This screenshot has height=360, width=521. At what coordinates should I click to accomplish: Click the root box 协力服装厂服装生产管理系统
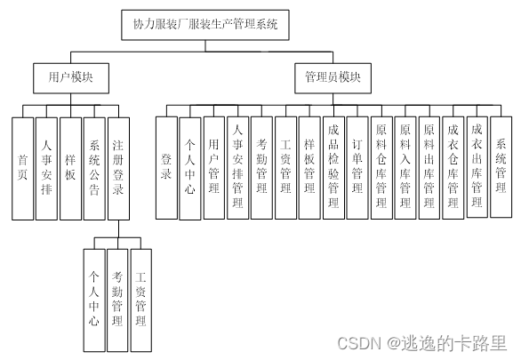tap(205, 25)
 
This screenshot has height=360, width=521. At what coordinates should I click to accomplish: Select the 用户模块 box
tap(71, 78)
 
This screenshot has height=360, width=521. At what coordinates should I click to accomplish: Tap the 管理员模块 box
tap(328, 78)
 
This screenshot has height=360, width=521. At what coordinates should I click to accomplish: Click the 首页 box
tap(23, 167)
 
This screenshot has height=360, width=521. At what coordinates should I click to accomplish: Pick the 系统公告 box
tap(95, 167)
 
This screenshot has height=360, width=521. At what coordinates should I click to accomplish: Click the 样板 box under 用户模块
tap(71, 167)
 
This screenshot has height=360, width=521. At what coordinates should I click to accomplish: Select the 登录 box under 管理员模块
tap(166, 167)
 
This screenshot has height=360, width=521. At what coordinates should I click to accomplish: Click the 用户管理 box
tap(214, 167)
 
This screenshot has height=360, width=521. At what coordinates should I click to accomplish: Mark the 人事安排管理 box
tap(238, 167)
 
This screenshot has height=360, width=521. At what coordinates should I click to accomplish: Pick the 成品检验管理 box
tap(333, 167)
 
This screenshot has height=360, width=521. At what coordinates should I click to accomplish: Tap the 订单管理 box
tap(357, 167)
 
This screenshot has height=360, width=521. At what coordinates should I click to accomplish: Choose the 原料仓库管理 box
tap(381, 167)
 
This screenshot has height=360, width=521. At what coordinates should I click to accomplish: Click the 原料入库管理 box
tap(405, 167)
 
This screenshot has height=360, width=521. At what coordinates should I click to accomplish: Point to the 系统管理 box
tap(501, 167)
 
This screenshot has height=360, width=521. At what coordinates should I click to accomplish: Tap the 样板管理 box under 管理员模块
tap(309, 167)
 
